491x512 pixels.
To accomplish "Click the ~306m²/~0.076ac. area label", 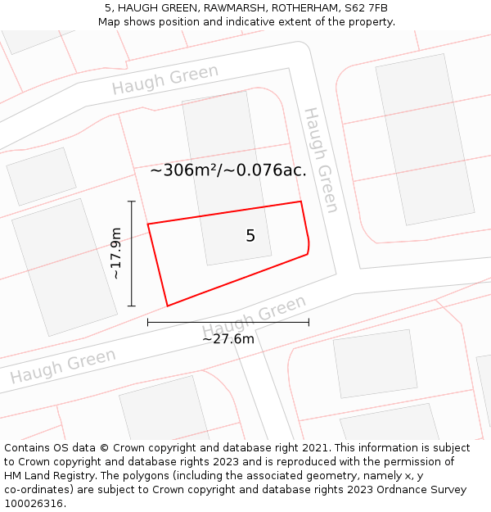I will click(228, 170).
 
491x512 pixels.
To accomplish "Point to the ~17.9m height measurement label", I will click(116, 254).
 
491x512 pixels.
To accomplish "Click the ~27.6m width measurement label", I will click(228, 338).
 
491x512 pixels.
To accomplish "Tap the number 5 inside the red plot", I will click(250, 236).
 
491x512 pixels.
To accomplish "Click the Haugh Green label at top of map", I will click(165, 79).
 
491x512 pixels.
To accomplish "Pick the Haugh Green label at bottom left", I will click(63, 367).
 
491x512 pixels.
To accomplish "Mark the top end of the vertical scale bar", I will click(132, 201).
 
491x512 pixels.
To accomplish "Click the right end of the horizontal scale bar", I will click(309, 323).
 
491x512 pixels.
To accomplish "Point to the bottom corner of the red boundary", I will click(168, 306).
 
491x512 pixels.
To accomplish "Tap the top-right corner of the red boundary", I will click(300, 202).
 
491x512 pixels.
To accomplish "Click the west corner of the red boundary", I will click(147, 224).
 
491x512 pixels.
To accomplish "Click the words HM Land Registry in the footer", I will click(41, 476).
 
